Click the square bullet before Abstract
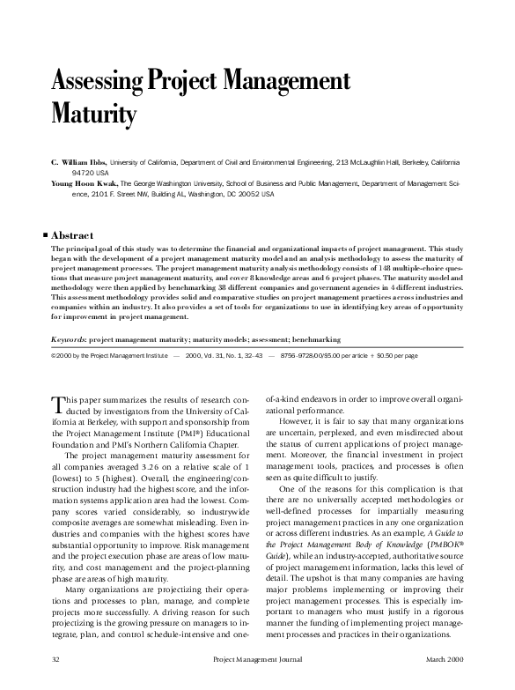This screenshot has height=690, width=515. pos(46,236)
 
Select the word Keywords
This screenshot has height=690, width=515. pos(70,339)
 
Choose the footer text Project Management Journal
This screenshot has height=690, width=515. pos(257,658)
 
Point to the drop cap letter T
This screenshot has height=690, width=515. pos(58,404)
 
